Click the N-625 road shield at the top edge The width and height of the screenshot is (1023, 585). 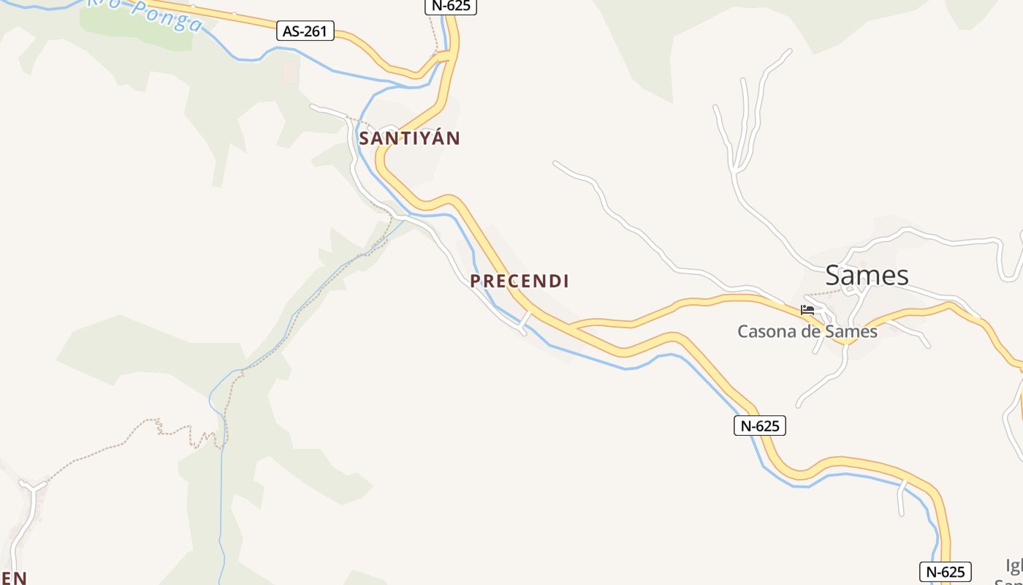450,7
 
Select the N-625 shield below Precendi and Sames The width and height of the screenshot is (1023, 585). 759,426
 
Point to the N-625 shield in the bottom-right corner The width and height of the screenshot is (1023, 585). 946,572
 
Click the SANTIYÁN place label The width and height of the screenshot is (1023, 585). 409,138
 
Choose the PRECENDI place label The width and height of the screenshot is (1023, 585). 520,281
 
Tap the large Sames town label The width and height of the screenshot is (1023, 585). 867,276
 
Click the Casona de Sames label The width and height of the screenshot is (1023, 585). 807,331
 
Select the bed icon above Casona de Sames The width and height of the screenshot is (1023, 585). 807,310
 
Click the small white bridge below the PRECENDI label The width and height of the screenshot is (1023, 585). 524,320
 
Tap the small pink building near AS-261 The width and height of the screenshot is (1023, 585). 290,72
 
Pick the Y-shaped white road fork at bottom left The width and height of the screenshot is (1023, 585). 32,486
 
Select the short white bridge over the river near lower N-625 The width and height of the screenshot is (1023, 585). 902,494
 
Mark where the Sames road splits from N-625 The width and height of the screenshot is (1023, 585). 574,326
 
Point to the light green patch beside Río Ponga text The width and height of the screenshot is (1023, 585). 135,29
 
